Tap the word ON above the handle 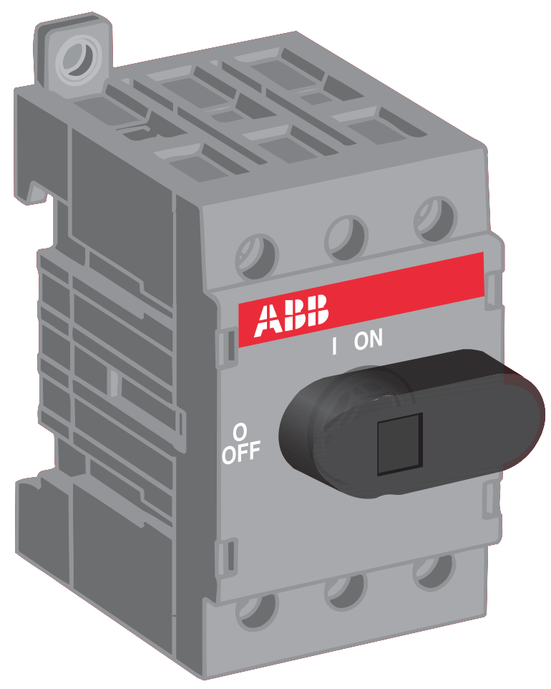[369, 339]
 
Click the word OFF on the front [240, 452]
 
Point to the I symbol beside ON [335, 346]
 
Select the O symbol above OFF [240, 433]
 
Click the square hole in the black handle [400, 444]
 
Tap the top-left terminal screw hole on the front [257, 256]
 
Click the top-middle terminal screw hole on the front [346, 238]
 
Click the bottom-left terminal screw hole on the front [257, 611]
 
